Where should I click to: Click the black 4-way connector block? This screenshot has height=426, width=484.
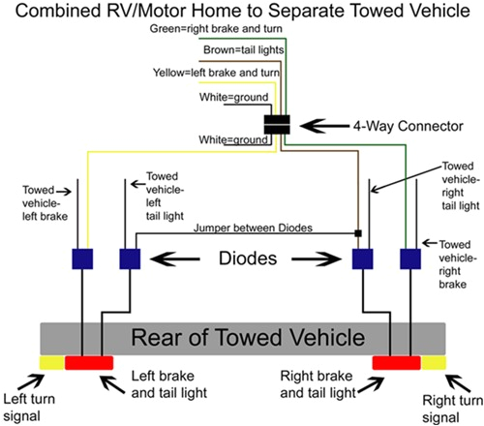(279, 126)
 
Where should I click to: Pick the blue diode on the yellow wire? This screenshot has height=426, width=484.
(82, 259)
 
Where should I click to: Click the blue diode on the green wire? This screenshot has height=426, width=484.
(410, 259)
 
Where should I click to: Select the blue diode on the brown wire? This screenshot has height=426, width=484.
(363, 259)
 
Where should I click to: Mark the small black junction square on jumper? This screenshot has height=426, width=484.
(358, 233)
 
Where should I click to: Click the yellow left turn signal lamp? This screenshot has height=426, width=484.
(50, 362)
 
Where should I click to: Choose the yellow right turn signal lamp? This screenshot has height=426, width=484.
(432, 362)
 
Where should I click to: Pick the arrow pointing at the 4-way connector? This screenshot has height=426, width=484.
(321, 126)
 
